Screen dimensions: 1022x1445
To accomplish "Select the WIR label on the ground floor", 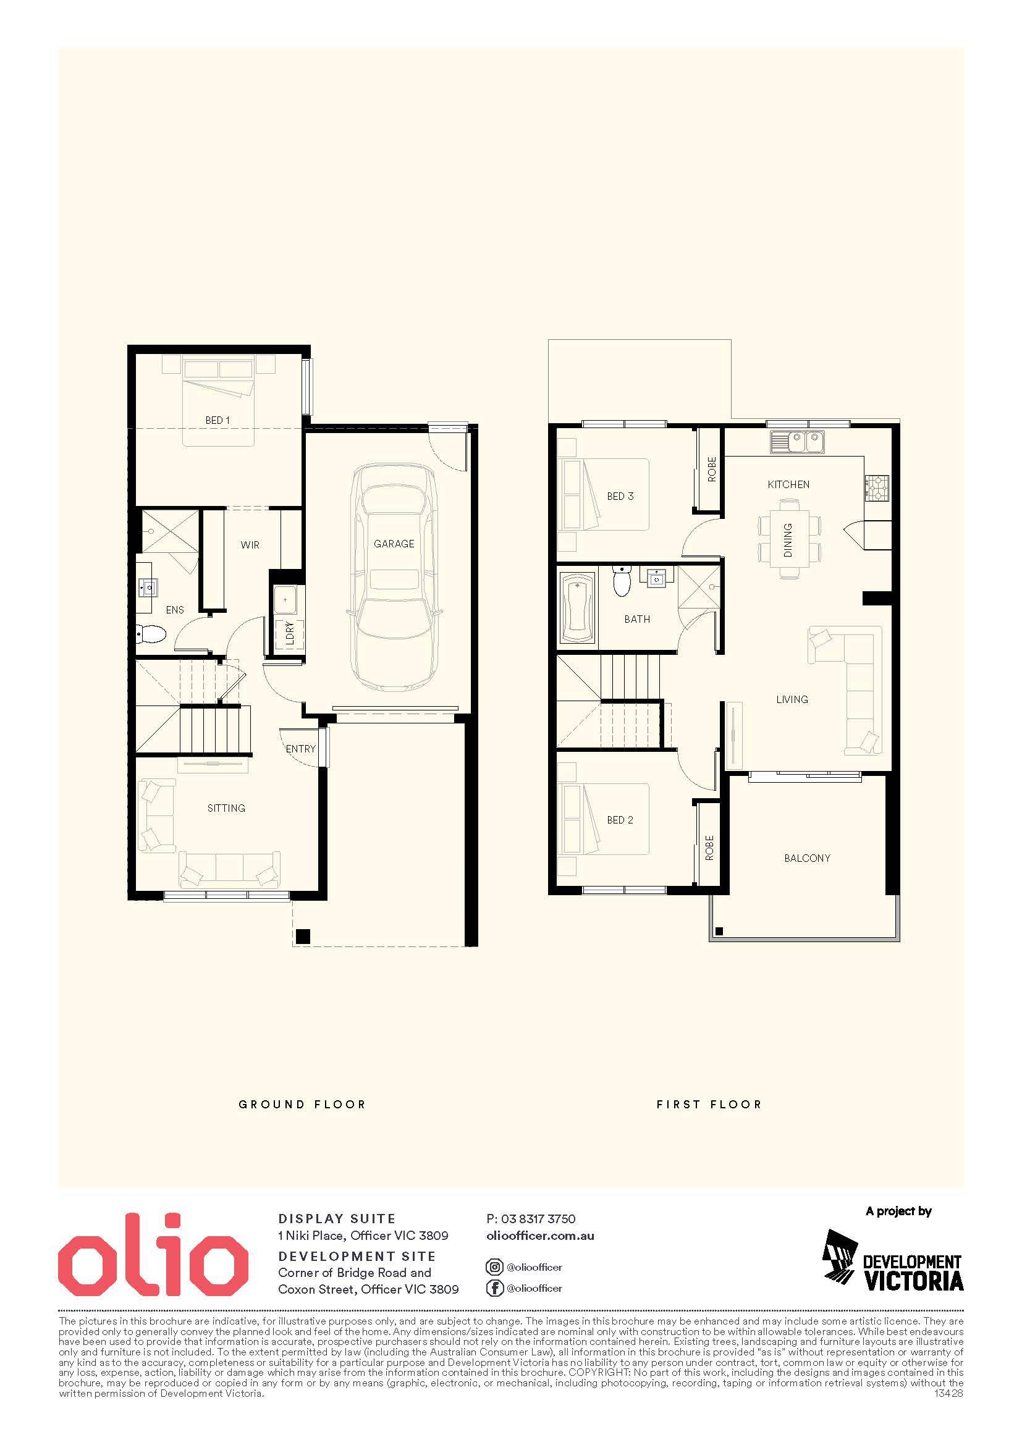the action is [250, 545].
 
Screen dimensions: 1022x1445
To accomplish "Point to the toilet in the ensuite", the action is [150, 634].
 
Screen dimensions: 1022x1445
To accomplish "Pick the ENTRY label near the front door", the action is [300, 749].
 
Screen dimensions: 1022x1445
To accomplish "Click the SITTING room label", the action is [227, 808].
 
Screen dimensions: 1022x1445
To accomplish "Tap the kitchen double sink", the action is [796, 442].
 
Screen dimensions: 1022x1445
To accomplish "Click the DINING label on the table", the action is [788, 540].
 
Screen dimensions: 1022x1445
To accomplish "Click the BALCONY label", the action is [808, 858].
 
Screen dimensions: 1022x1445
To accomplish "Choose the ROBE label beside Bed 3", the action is [712, 469].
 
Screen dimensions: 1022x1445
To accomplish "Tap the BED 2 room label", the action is [620, 820].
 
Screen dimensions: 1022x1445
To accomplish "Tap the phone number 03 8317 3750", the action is [539, 1219].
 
